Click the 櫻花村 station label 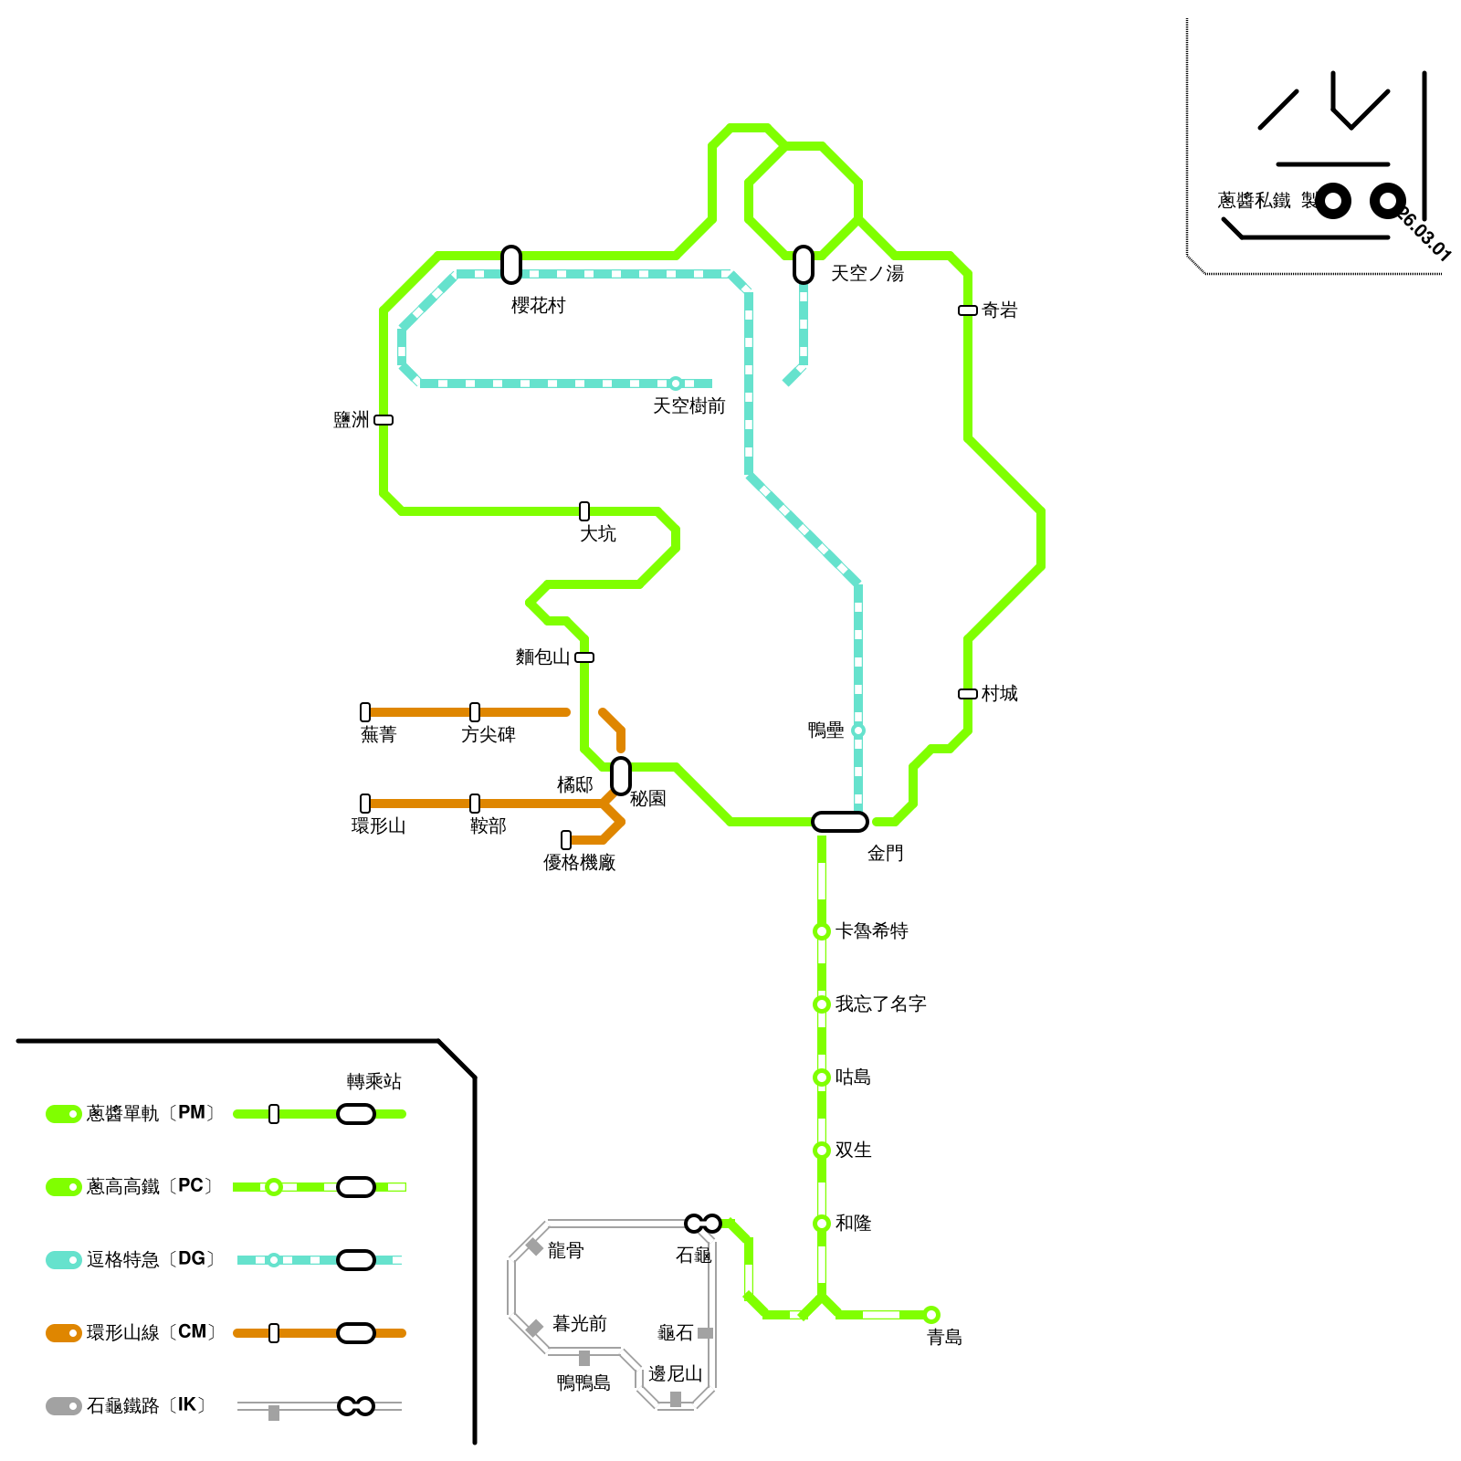538,306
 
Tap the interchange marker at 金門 839,822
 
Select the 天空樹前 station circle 676,384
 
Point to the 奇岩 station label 999,310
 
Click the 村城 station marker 968,694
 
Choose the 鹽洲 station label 352,420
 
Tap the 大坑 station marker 584,511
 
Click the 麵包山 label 542,657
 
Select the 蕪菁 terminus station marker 365,712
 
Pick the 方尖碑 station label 488,735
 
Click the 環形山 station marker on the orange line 365,804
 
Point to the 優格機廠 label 579,863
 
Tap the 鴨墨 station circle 858,730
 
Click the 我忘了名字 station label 880,1004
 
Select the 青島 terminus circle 931,1315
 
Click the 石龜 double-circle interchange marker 703,1224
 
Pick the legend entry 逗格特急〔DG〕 151,1260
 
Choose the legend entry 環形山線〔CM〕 151,1333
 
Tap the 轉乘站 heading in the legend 373,1082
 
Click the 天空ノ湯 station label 867,274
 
